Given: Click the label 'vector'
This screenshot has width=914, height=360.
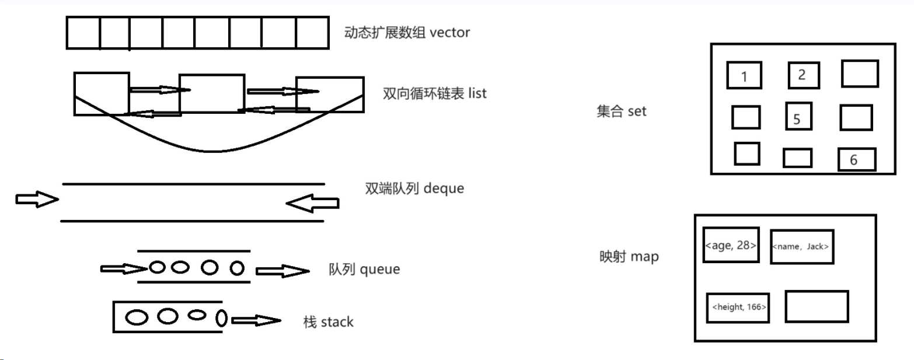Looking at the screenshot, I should (x=449, y=33).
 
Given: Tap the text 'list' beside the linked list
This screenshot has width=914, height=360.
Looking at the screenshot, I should (x=477, y=93).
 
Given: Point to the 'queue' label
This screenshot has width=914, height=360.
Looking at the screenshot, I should (x=380, y=270).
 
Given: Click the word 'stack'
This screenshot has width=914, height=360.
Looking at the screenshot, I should (x=337, y=321).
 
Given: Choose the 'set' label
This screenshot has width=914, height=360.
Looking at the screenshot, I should (x=637, y=111).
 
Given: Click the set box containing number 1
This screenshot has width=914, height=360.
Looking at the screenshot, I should (x=744, y=76).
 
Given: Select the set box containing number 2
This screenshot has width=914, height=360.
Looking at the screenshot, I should (x=803, y=75).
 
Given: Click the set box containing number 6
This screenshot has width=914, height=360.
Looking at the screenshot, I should (x=856, y=159).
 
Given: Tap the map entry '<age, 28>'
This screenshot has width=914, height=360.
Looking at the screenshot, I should (x=731, y=245).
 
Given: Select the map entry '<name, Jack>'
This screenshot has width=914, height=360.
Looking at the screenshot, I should (x=801, y=247).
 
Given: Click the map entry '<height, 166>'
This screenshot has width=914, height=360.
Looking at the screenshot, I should (x=738, y=307).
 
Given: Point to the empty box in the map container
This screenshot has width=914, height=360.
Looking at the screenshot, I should (x=816, y=306).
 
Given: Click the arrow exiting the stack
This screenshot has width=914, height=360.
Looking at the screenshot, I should (x=256, y=320).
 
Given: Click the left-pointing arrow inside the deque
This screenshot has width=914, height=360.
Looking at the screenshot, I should (x=312, y=203).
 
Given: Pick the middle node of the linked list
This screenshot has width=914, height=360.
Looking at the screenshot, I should (x=211, y=93).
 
